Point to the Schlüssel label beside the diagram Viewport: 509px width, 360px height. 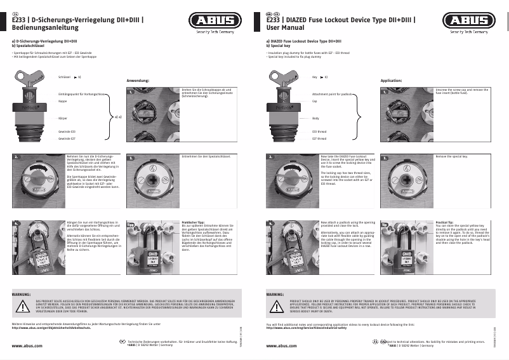(63, 76)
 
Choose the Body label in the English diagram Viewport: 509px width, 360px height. (315, 118)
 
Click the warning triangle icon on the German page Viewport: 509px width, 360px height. (23, 306)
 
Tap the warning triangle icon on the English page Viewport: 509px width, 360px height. (277, 306)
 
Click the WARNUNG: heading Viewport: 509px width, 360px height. (23, 295)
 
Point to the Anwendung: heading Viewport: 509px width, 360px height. (138, 81)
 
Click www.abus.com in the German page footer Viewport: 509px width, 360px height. (28, 346)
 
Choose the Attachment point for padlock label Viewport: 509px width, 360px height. (332, 93)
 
